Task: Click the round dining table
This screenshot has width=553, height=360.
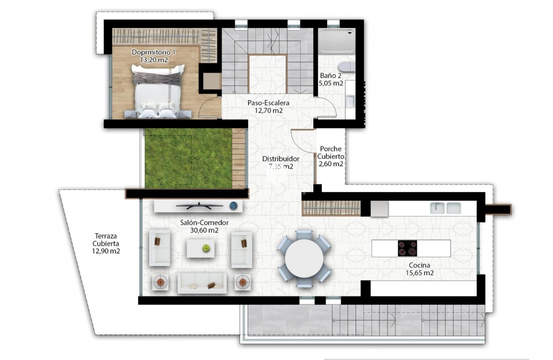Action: (x=304, y=258)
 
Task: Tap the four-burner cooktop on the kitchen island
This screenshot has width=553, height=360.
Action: (x=407, y=248)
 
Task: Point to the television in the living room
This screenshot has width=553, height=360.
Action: (x=199, y=205)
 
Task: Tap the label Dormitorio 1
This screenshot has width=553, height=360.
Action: (x=152, y=52)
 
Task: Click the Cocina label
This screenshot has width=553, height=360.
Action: (x=419, y=265)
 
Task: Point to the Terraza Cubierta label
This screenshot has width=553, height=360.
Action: (x=106, y=243)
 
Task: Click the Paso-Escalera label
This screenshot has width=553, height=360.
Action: (x=269, y=103)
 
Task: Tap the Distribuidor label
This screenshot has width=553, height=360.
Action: (x=281, y=159)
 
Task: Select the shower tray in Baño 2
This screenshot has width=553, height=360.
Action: (x=336, y=41)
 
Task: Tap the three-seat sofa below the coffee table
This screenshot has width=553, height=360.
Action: (x=202, y=283)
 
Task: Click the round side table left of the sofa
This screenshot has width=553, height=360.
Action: (x=160, y=282)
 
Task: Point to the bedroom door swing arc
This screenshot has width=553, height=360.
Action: (x=208, y=108)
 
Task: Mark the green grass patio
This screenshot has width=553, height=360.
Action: (x=188, y=158)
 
